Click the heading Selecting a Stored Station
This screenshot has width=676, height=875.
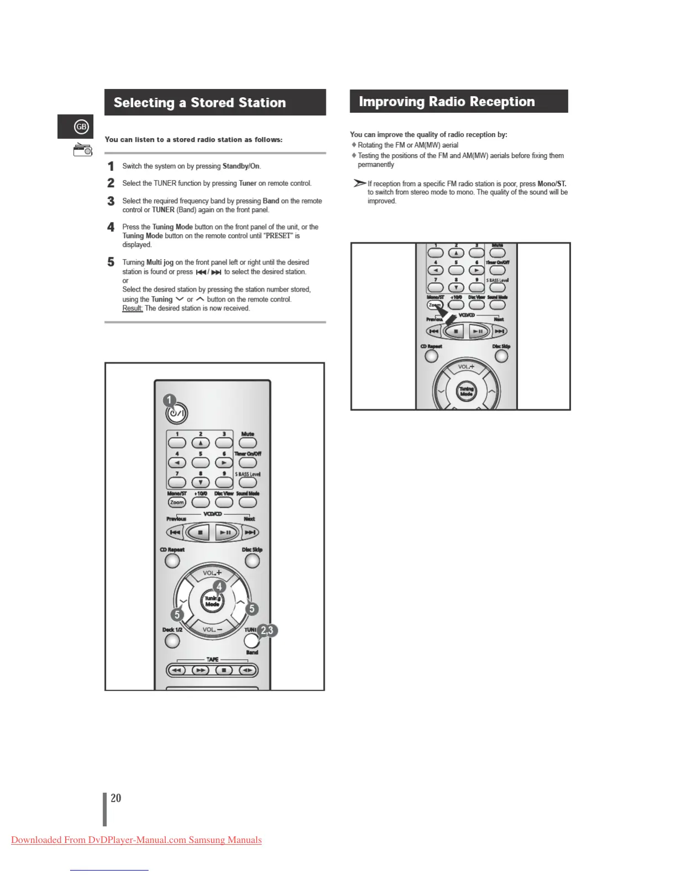tap(199, 103)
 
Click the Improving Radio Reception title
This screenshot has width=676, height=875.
tap(446, 102)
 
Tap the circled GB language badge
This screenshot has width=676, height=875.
tap(81, 127)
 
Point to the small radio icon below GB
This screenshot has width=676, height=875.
tap(83, 149)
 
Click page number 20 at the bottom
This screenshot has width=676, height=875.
tap(115, 798)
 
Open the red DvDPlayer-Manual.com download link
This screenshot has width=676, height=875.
tap(136, 840)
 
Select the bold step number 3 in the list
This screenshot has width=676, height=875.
tap(111, 201)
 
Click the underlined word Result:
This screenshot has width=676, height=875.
tap(133, 308)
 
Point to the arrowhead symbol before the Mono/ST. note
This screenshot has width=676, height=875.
tap(360, 183)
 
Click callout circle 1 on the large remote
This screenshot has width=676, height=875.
tap(170, 400)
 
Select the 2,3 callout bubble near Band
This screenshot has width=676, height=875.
tap(267, 630)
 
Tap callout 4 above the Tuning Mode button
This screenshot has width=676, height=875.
tap(219, 587)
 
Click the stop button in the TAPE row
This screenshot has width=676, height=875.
tap(224, 671)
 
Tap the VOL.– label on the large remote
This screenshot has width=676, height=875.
tap(212, 630)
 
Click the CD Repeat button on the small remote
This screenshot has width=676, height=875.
tap(431, 356)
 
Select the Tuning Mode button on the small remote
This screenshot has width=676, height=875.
tap(466, 392)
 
